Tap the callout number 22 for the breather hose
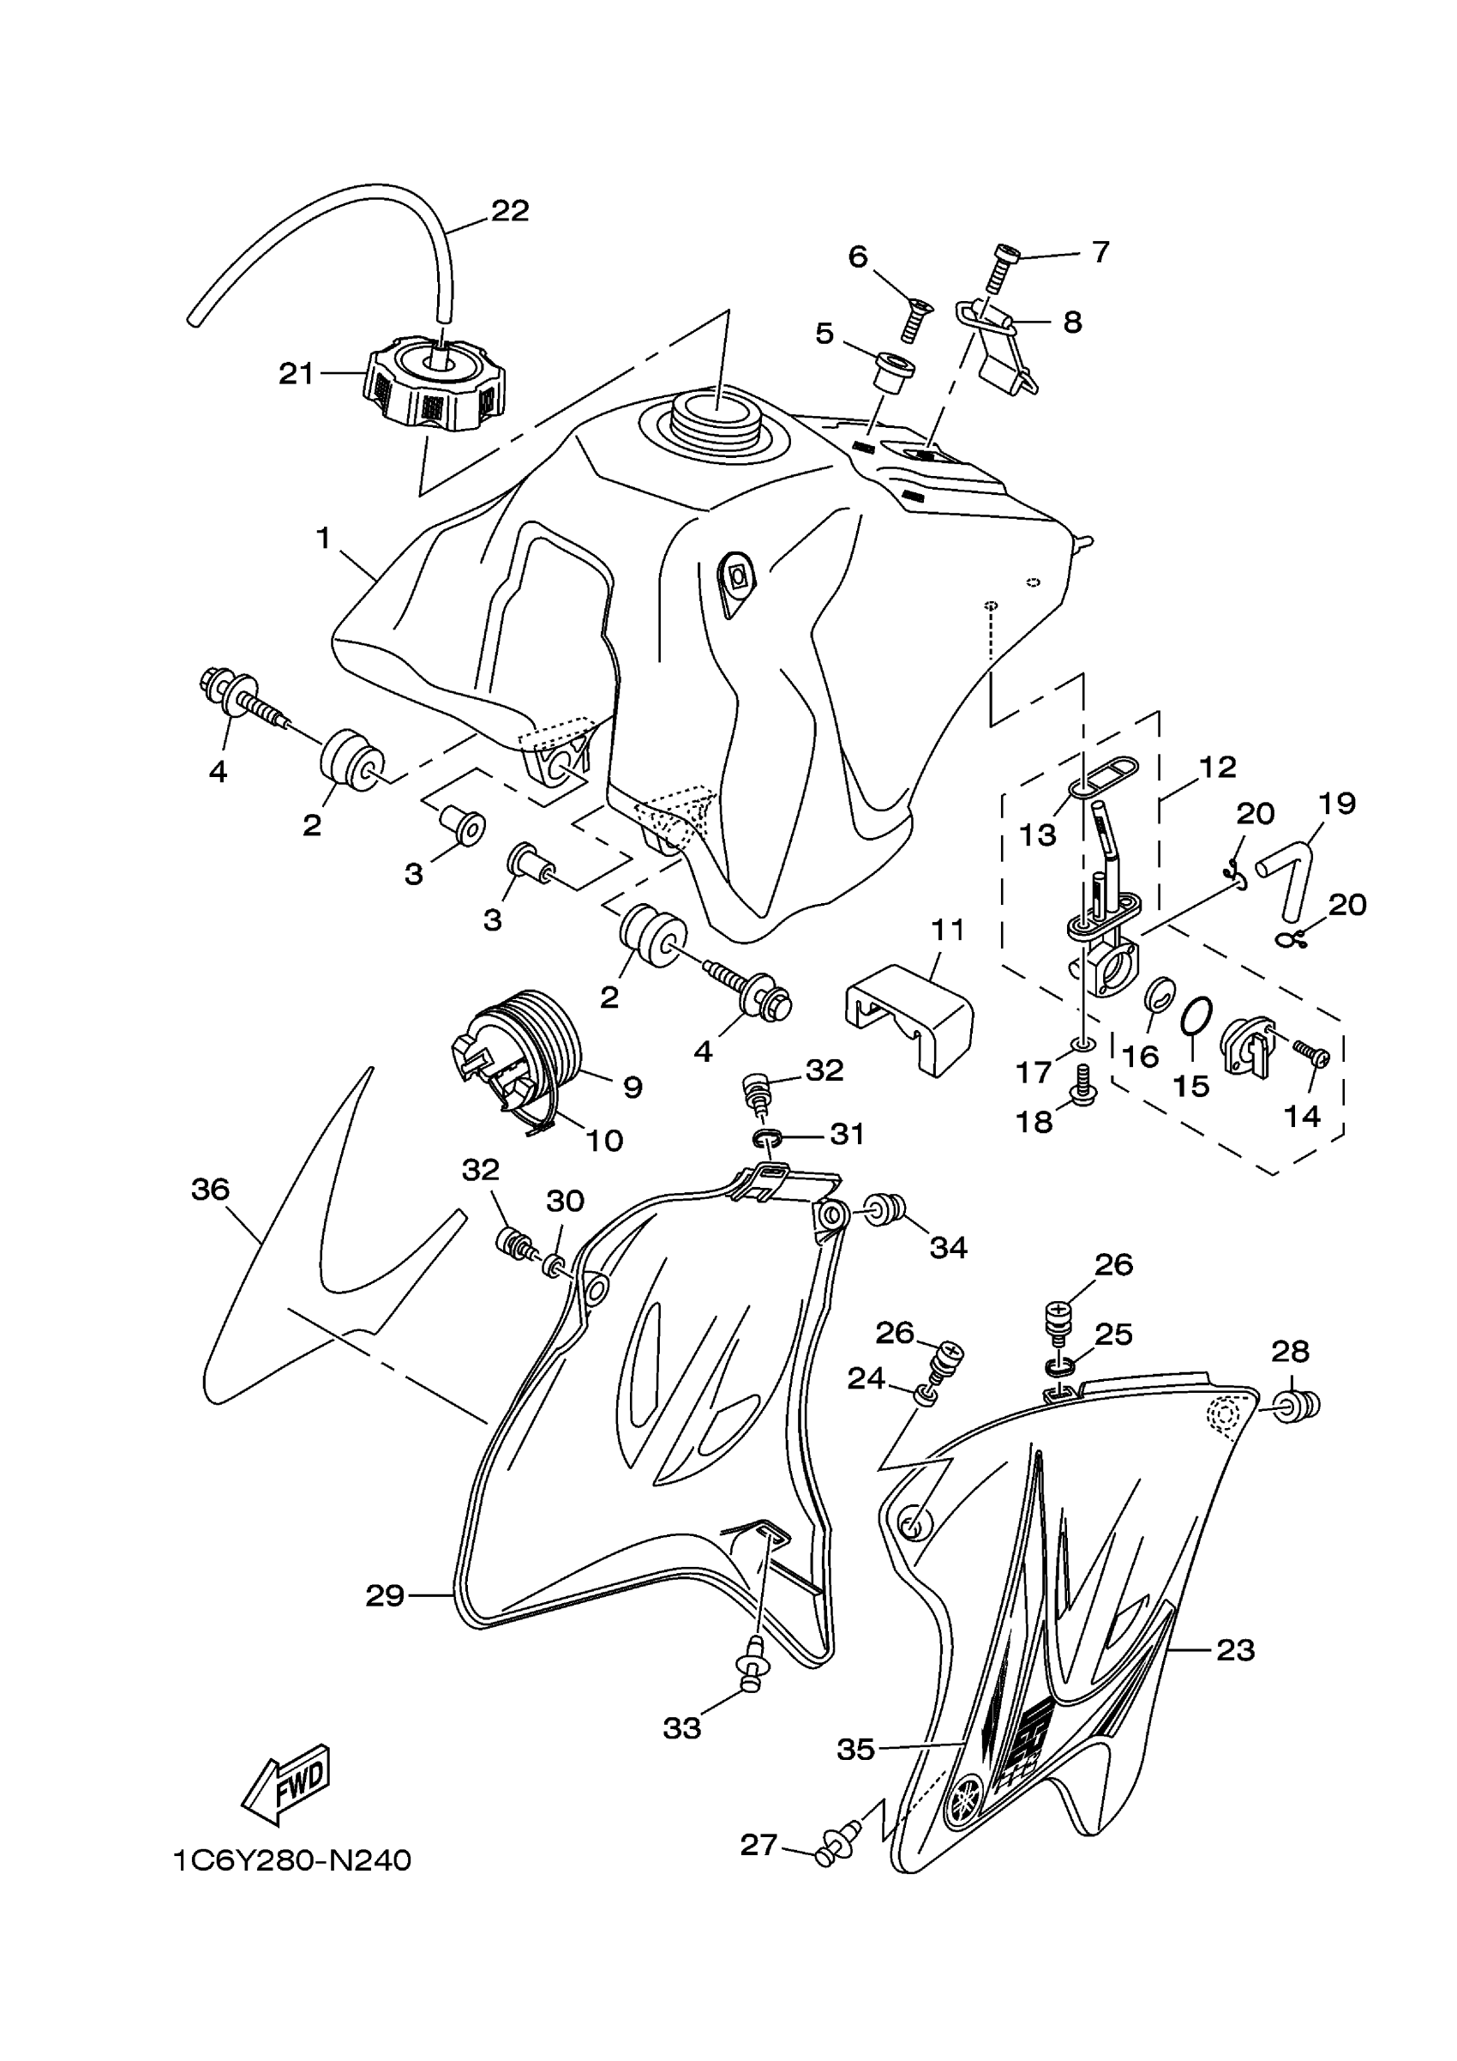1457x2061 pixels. click(510, 211)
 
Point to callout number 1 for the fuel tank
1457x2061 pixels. click(323, 539)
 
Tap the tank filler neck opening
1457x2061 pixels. click(715, 422)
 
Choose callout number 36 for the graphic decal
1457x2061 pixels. click(211, 1190)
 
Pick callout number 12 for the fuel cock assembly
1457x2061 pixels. click(1218, 767)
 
